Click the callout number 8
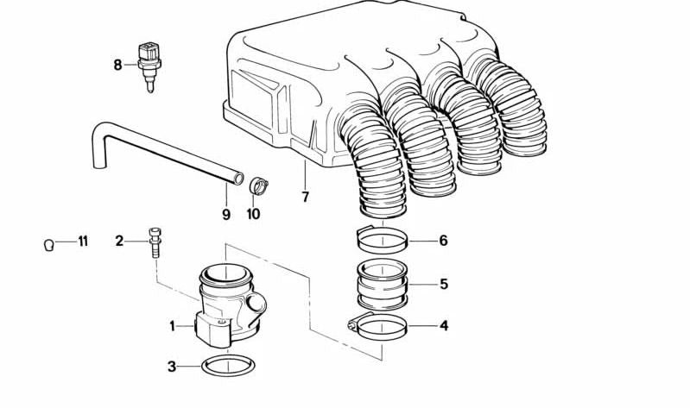pyautogui.click(x=118, y=64)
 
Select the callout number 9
pyautogui.click(x=225, y=214)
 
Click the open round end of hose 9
pyautogui.click(x=237, y=178)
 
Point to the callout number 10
pyautogui.click(x=253, y=214)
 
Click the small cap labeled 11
pyautogui.click(x=50, y=245)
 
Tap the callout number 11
pyautogui.click(x=83, y=242)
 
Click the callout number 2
pyautogui.click(x=119, y=241)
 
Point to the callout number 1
pyautogui.click(x=172, y=326)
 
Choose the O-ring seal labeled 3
pyautogui.click(x=228, y=367)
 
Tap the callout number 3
pyautogui.click(x=172, y=367)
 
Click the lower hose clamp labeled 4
pyautogui.click(x=378, y=326)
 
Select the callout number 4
pyautogui.click(x=444, y=326)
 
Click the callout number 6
pyautogui.click(x=443, y=241)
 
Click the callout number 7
pyautogui.click(x=304, y=198)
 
